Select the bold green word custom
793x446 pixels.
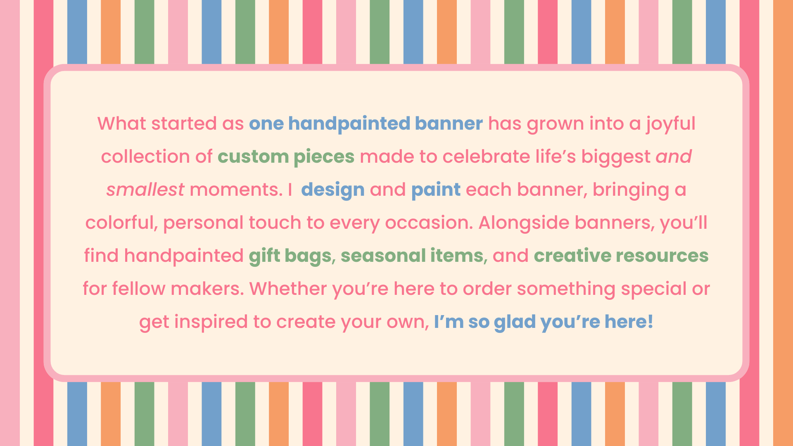(253, 157)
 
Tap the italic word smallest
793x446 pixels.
(145, 190)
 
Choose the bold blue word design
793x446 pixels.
(333, 190)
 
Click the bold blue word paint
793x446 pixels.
(436, 190)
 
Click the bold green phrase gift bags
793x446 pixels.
(290, 256)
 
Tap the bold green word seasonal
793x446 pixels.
(383, 256)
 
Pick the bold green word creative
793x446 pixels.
(572, 256)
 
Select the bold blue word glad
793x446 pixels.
(515, 322)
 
